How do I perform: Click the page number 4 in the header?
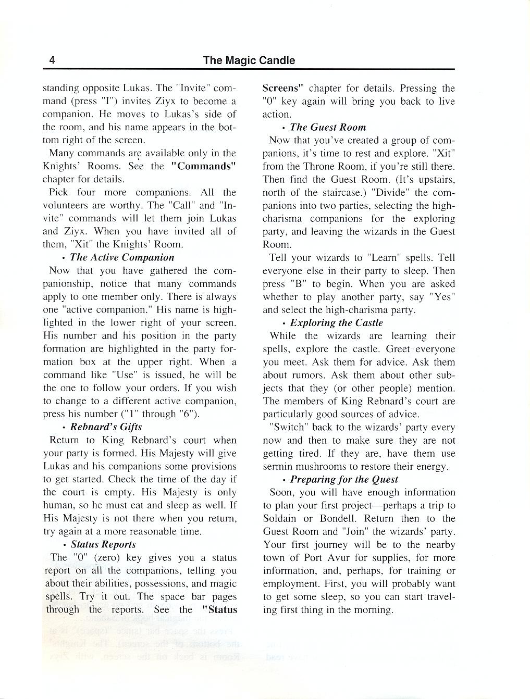point(52,60)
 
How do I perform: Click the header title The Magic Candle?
point(249,60)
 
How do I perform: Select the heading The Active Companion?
point(122,257)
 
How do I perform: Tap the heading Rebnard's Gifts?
point(106,427)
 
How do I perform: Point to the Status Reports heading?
point(103,544)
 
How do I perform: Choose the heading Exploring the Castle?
point(336,323)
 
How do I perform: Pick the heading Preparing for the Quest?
point(344,479)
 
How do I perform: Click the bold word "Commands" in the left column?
point(204,166)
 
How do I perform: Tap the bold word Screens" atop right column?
point(283,88)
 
